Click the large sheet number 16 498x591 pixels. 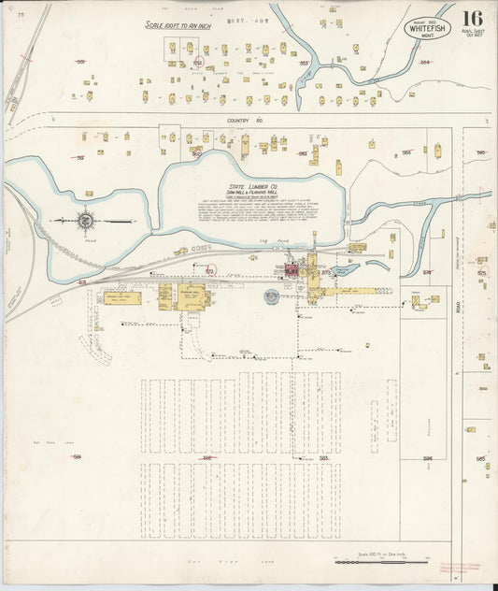[472, 18]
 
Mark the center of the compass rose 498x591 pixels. [85, 221]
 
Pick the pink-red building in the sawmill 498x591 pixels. [291, 270]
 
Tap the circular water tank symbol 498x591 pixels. [272, 296]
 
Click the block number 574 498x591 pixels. [427, 272]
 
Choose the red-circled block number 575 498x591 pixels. [482, 272]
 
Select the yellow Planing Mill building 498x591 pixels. [192, 296]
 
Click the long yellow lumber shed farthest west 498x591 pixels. [123, 298]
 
